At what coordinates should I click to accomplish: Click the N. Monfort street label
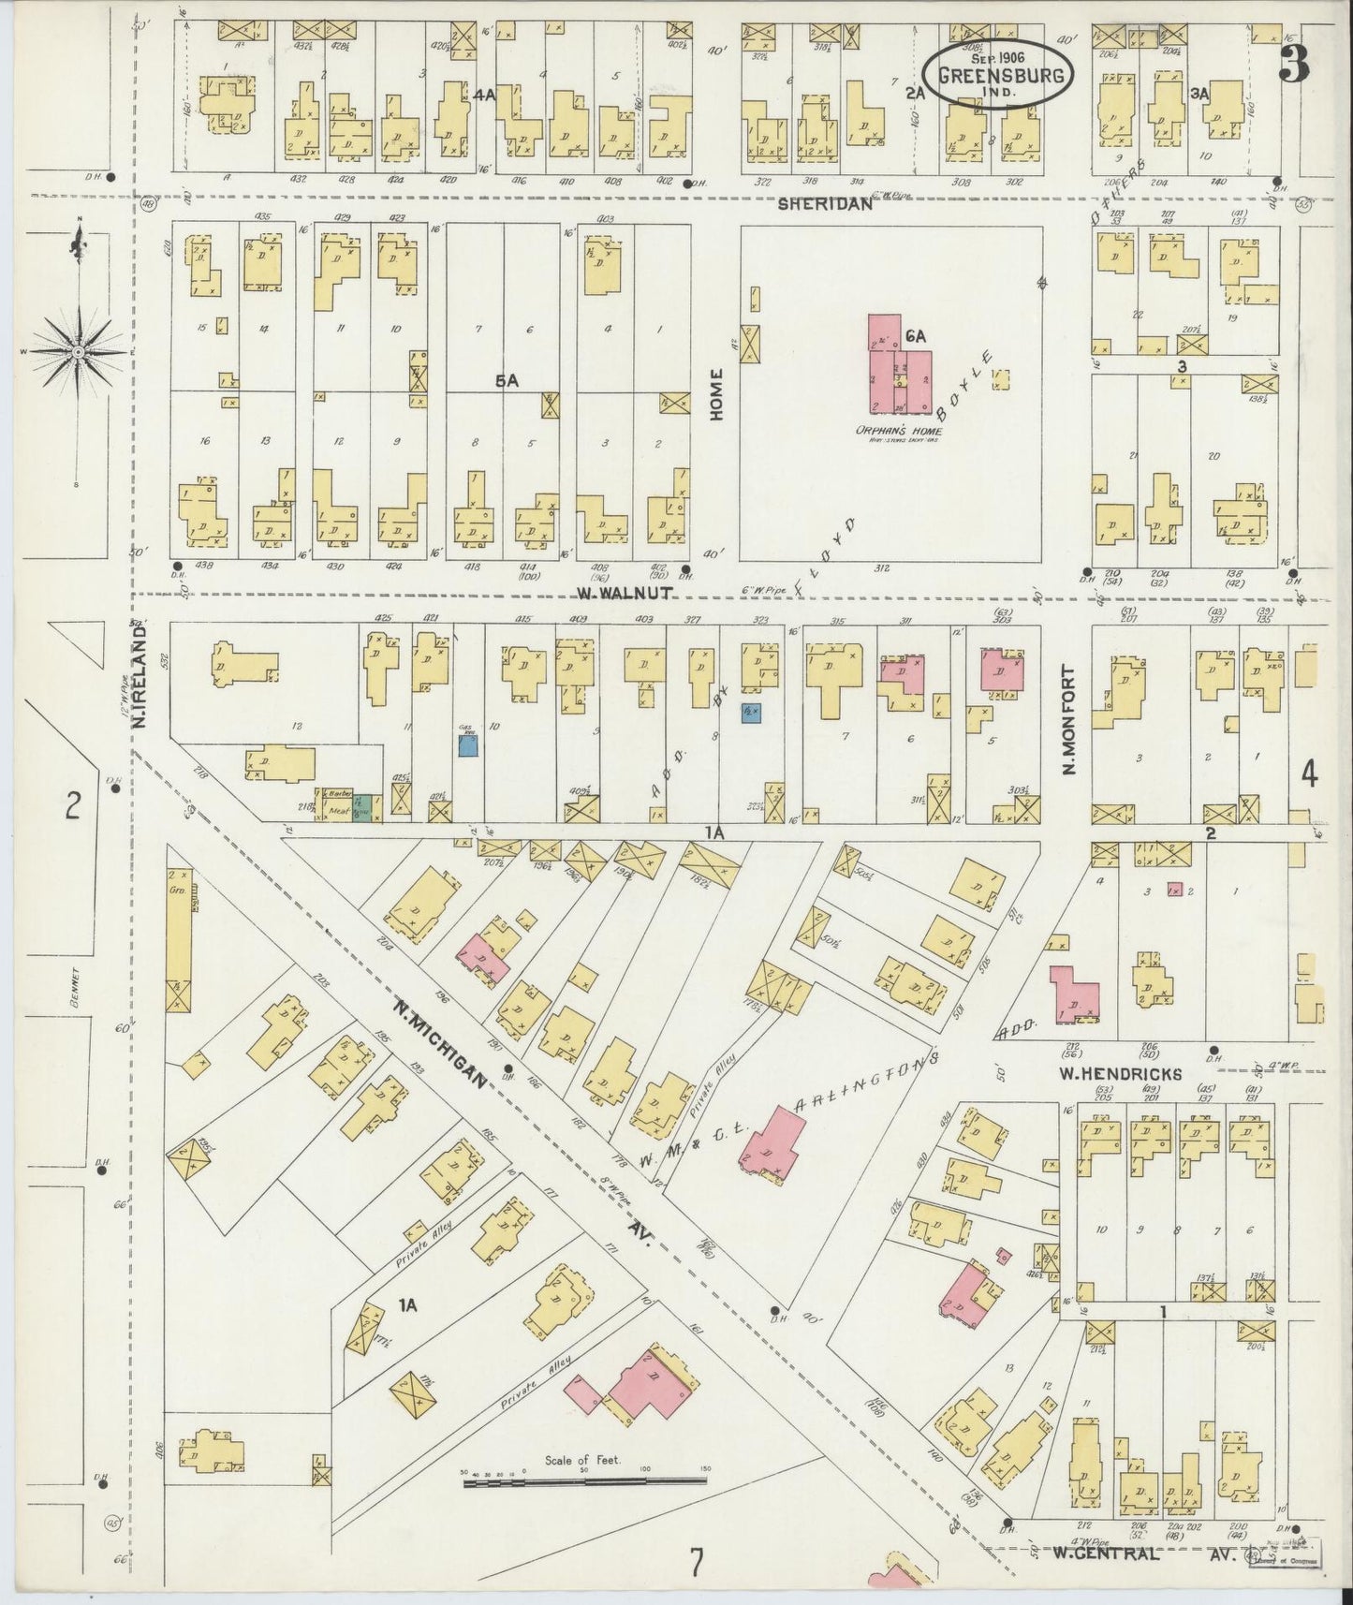point(1068,720)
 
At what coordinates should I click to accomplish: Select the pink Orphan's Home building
point(899,369)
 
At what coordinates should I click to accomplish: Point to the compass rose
point(79,351)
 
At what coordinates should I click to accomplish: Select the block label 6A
point(915,335)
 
